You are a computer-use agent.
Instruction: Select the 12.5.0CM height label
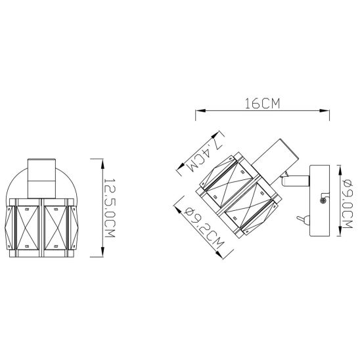click(x=110, y=209)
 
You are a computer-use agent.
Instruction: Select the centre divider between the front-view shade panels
click(x=41, y=227)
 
